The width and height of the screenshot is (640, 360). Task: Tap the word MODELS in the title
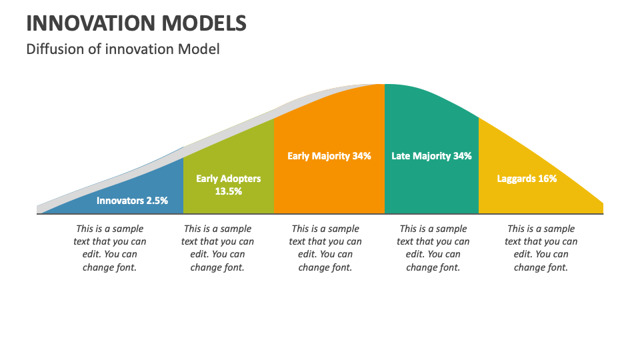coord(202,23)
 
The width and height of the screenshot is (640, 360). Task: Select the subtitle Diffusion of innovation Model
coord(123,49)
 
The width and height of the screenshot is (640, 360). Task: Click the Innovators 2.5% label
coord(132,200)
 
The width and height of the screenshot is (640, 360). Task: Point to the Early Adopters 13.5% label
coord(228,185)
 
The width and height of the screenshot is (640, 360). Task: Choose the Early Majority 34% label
coord(329,156)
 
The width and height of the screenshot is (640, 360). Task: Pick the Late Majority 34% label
coord(431,156)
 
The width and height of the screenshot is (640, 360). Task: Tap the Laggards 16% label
coord(527,179)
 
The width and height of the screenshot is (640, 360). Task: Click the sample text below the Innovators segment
coord(110,248)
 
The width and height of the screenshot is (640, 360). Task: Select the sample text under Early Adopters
coord(217,248)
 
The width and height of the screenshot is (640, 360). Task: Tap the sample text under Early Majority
coord(325,248)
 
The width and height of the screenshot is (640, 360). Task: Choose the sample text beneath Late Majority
coord(433,248)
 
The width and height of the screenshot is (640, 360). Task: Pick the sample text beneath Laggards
coord(541,248)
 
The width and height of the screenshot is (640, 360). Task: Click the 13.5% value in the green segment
coord(228,191)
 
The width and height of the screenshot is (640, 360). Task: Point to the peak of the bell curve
coord(384,85)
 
